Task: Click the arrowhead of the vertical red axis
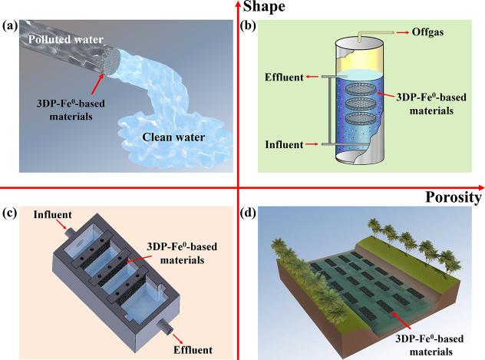click(x=239, y=5)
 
